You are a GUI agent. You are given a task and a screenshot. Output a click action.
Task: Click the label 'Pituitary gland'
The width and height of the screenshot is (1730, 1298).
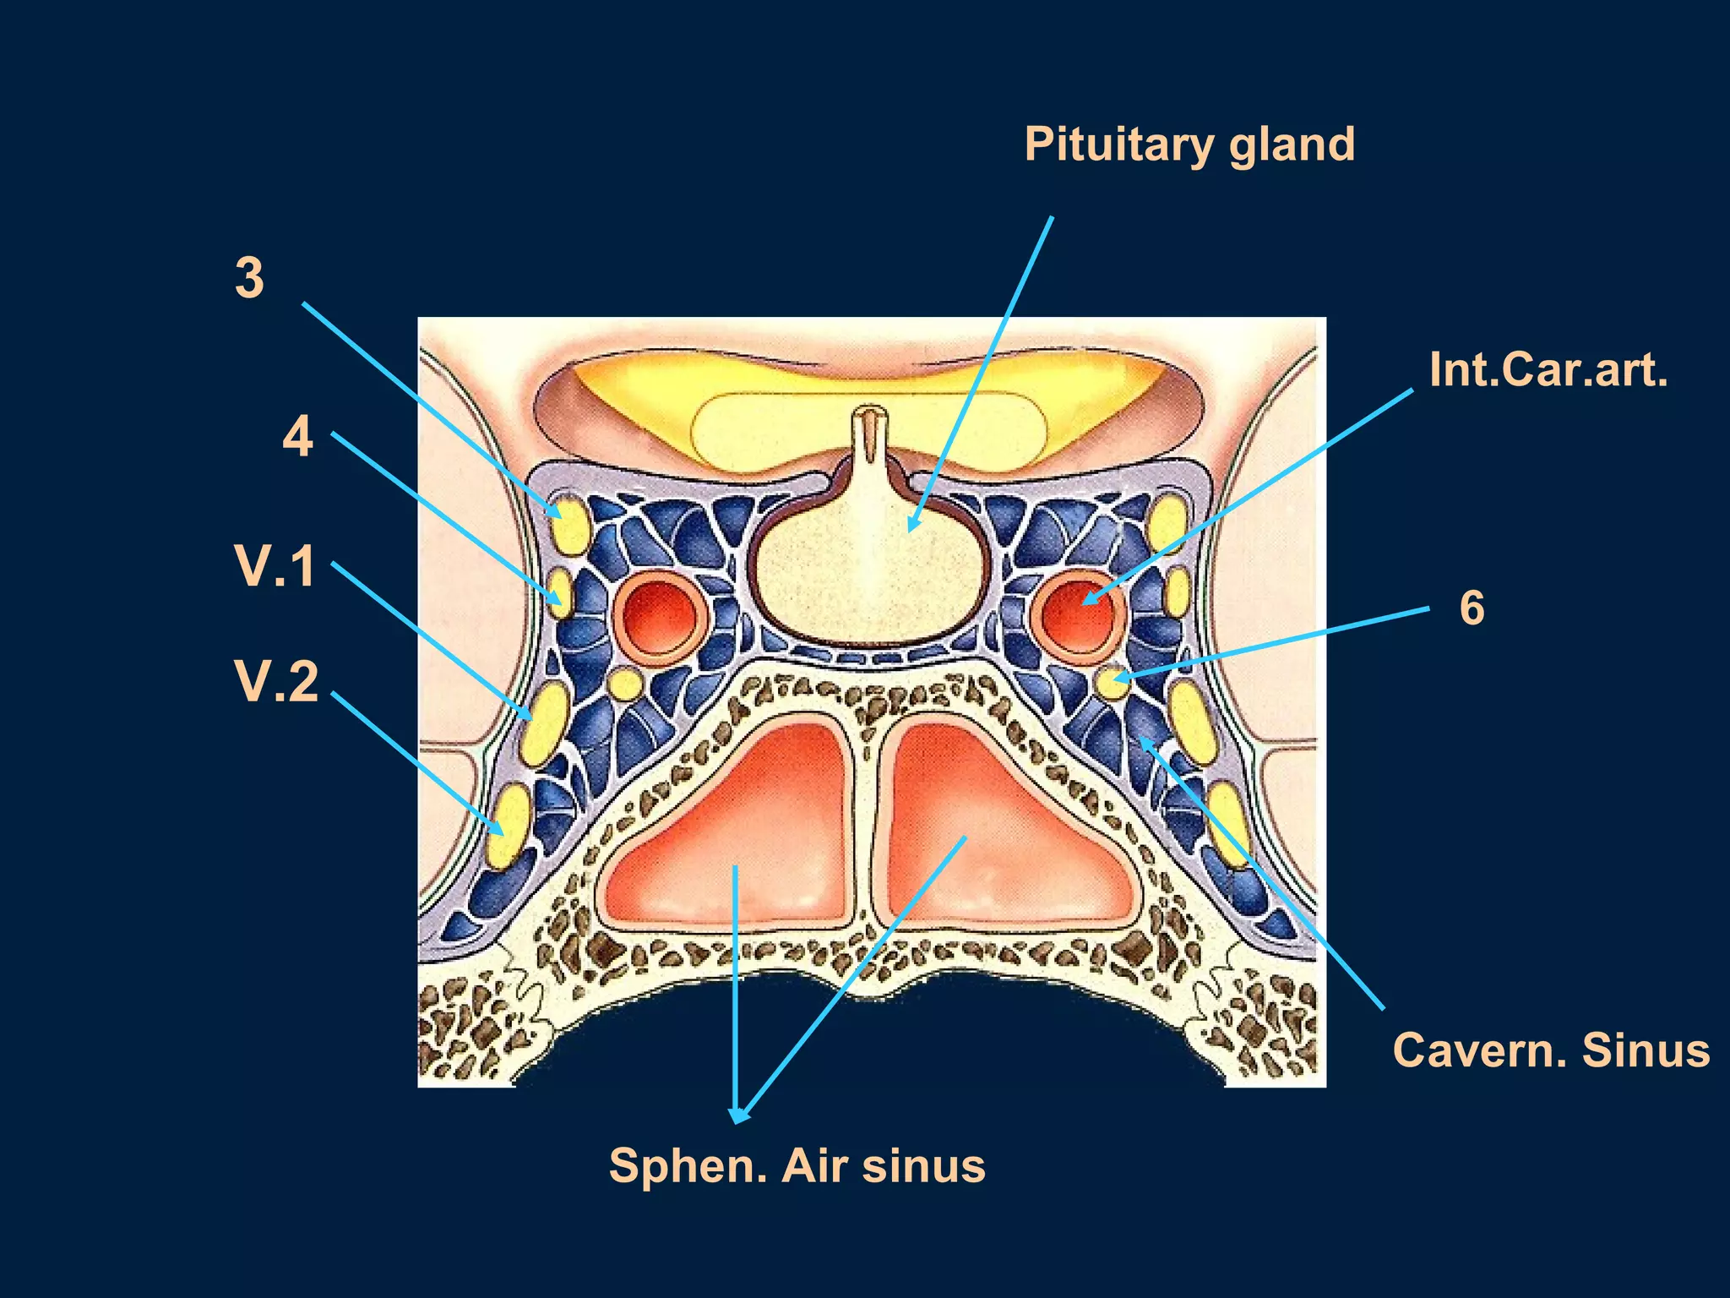point(1189,145)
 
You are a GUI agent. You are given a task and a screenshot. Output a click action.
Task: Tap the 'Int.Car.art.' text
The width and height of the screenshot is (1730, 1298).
point(1548,370)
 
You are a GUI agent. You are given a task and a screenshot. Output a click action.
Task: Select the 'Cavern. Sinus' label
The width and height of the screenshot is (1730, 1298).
point(1551,1050)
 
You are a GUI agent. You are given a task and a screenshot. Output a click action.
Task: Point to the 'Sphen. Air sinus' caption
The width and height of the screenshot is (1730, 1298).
point(797,1166)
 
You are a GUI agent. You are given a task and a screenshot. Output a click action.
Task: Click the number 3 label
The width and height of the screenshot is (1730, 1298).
point(249,278)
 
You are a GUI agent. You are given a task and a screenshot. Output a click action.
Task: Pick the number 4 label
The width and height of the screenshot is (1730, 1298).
point(297,437)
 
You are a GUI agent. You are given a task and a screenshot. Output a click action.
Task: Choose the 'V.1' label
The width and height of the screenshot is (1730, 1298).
point(275,566)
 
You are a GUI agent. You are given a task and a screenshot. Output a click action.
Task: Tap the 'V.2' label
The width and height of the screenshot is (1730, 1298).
point(277,681)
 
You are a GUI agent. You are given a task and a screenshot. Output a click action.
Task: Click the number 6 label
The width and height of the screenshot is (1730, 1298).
point(1472,608)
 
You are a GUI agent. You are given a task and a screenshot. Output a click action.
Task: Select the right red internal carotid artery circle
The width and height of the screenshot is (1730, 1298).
point(1079,614)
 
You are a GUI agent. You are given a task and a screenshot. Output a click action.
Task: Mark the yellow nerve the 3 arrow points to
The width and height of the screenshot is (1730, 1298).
point(569,524)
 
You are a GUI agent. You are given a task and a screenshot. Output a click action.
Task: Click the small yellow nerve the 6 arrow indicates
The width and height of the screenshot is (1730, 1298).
point(1111,682)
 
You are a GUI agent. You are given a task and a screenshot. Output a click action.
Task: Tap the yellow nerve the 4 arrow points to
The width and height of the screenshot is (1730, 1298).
point(561,593)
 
